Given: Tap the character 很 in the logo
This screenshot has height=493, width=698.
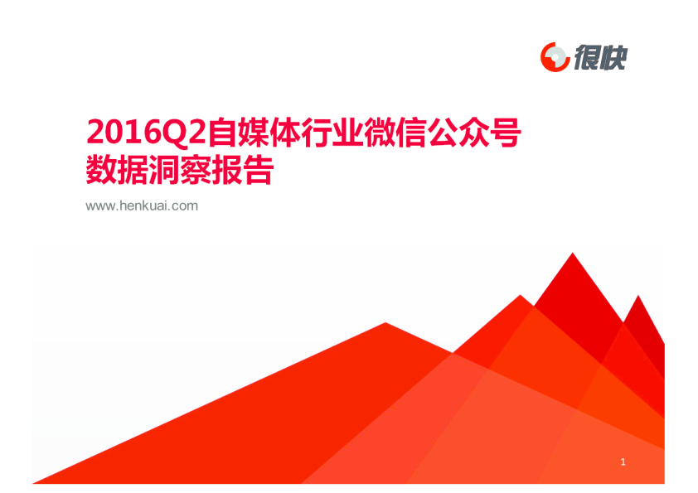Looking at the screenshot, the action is coord(587,57).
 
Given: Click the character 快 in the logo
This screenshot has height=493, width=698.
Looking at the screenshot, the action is coord(613,57).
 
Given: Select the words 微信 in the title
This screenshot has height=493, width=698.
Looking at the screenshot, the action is coord(395,132).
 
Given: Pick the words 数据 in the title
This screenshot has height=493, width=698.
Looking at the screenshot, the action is coord(117,170).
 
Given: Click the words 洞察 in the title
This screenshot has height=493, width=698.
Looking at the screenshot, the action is coord(179,170).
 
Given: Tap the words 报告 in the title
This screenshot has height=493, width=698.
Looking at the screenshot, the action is coord(242,170).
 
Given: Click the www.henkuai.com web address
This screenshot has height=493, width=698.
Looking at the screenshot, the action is coord(142,206).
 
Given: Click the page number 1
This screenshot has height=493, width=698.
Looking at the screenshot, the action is coord(623,462).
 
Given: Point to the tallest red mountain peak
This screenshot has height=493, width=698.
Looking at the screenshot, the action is coord(573,254).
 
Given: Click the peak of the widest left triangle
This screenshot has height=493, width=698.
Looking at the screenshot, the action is coord(385,322).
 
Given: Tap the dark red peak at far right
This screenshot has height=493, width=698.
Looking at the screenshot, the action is coord(638,296).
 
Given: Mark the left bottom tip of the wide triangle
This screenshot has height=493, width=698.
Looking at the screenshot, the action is coord(33,483).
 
